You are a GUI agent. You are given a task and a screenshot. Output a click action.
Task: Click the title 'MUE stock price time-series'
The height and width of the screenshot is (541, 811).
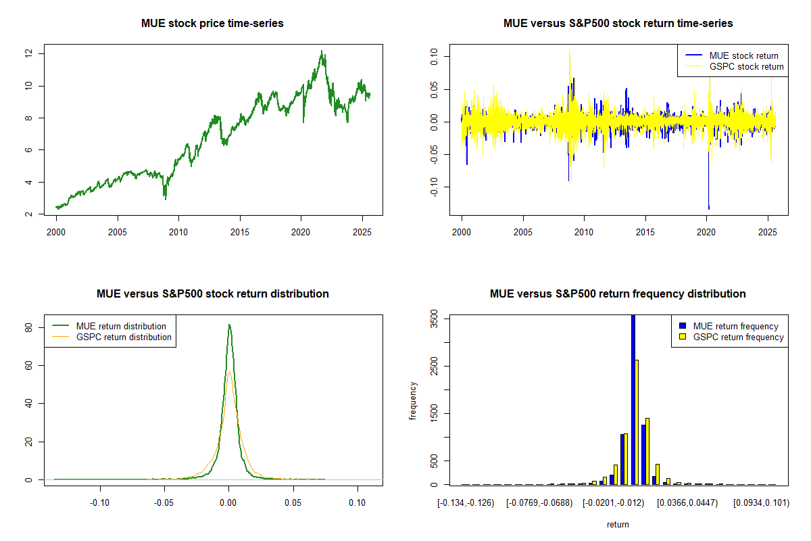(x=212, y=24)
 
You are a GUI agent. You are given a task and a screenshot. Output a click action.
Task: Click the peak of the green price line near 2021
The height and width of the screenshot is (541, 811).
(x=322, y=51)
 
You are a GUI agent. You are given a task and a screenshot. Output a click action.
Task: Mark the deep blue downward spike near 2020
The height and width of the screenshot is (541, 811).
(x=708, y=207)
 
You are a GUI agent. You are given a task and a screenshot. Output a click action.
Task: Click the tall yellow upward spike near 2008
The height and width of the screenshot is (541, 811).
(x=569, y=50)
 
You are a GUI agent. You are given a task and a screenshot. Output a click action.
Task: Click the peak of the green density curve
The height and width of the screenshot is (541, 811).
(x=229, y=325)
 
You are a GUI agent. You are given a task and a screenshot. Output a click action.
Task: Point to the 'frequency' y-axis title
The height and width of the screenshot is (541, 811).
(x=414, y=401)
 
